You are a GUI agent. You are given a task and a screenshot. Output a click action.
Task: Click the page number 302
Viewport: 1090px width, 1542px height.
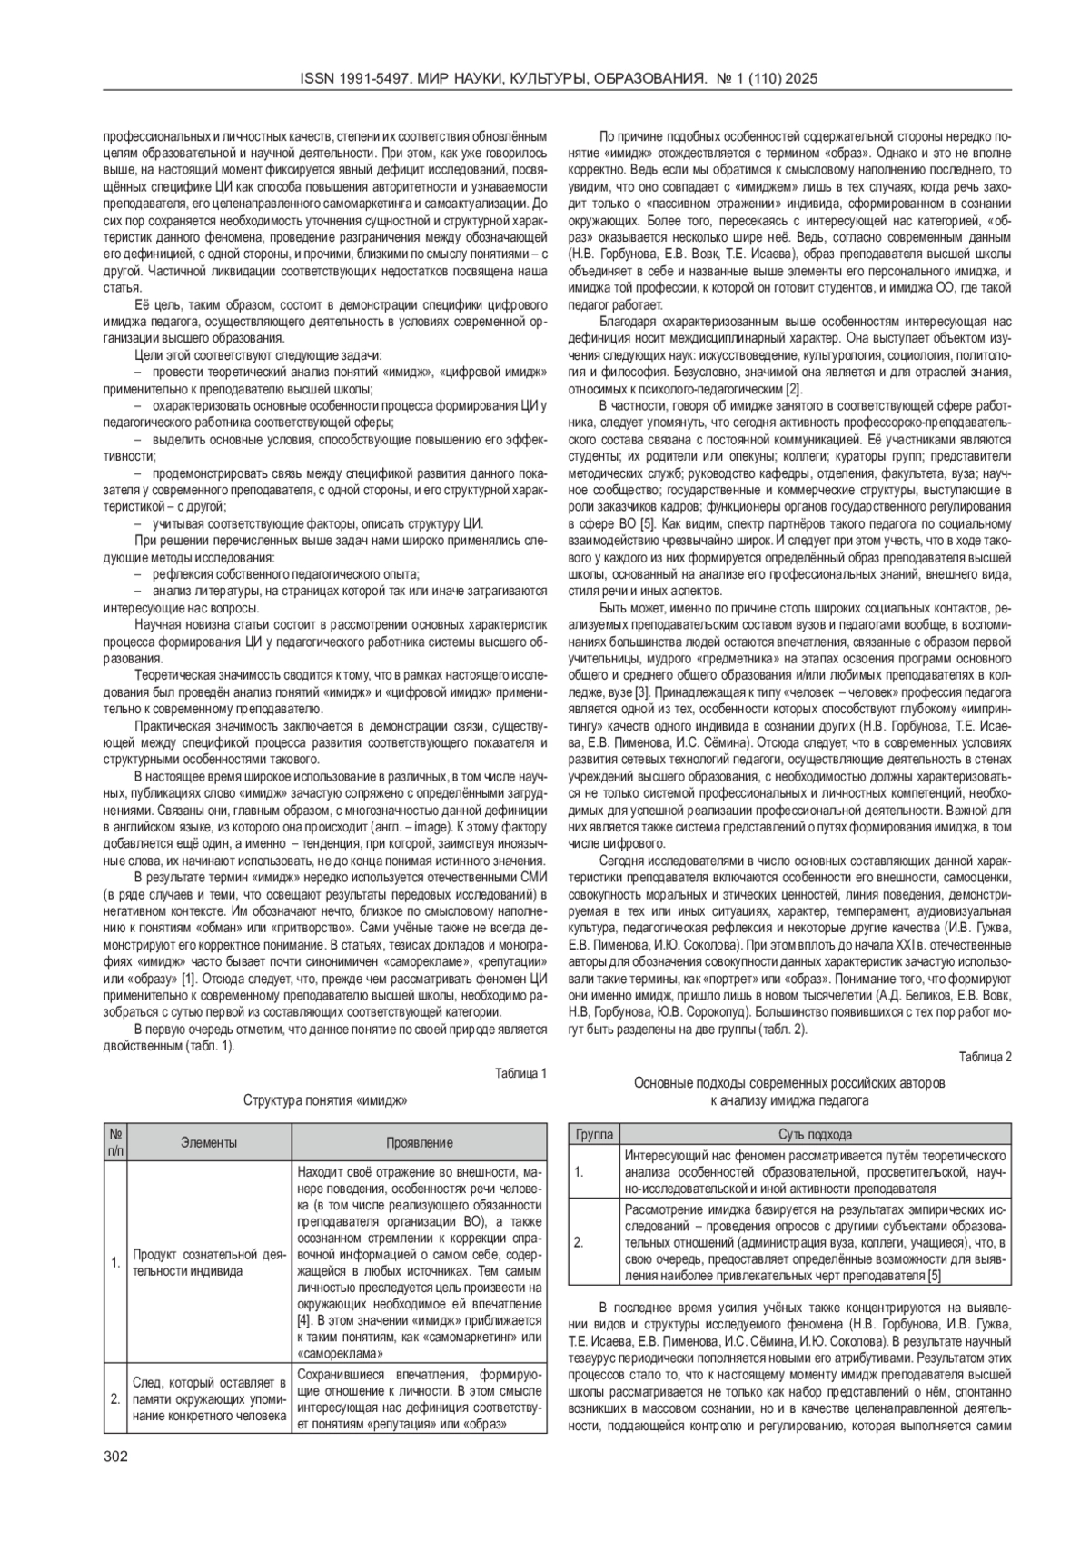(115, 1457)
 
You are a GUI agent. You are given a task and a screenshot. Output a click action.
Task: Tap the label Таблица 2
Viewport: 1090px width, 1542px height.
(986, 1056)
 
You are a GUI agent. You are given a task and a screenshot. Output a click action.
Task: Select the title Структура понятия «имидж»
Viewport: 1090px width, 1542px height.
(324, 1100)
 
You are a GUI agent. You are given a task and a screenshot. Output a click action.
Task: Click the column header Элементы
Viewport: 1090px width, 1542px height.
(209, 1142)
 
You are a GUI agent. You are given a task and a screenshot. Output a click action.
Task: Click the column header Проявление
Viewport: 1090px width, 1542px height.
(420, 1142)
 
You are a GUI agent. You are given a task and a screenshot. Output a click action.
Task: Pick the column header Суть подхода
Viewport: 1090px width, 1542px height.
(816, 1134)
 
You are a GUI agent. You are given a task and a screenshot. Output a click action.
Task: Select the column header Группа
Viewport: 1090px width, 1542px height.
(594, 1134)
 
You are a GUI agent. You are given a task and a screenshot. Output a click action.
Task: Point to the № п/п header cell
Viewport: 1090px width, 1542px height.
(115, 1142)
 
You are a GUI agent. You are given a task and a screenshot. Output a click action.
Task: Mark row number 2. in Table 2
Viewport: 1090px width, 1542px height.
(579, 1241)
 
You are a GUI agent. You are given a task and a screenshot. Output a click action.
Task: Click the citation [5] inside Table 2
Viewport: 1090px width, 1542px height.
(935, 1275)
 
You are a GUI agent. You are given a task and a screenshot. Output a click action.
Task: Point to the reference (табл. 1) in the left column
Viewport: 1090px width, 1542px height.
(210, 1046)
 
